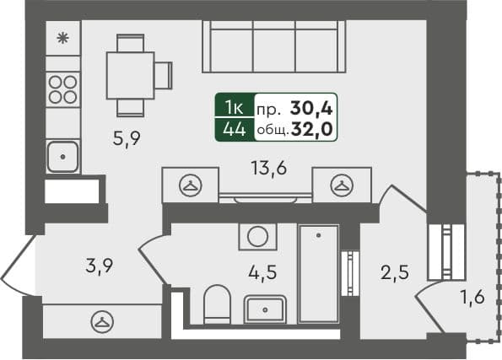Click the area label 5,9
127,141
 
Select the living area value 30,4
311,107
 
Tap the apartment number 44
235,129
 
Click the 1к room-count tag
235,107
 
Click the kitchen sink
62,156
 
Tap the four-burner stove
62,89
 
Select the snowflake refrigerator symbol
62,38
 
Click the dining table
131,75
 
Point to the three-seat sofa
274,47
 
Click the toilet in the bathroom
218,303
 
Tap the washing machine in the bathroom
258,237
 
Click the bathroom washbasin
266,309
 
